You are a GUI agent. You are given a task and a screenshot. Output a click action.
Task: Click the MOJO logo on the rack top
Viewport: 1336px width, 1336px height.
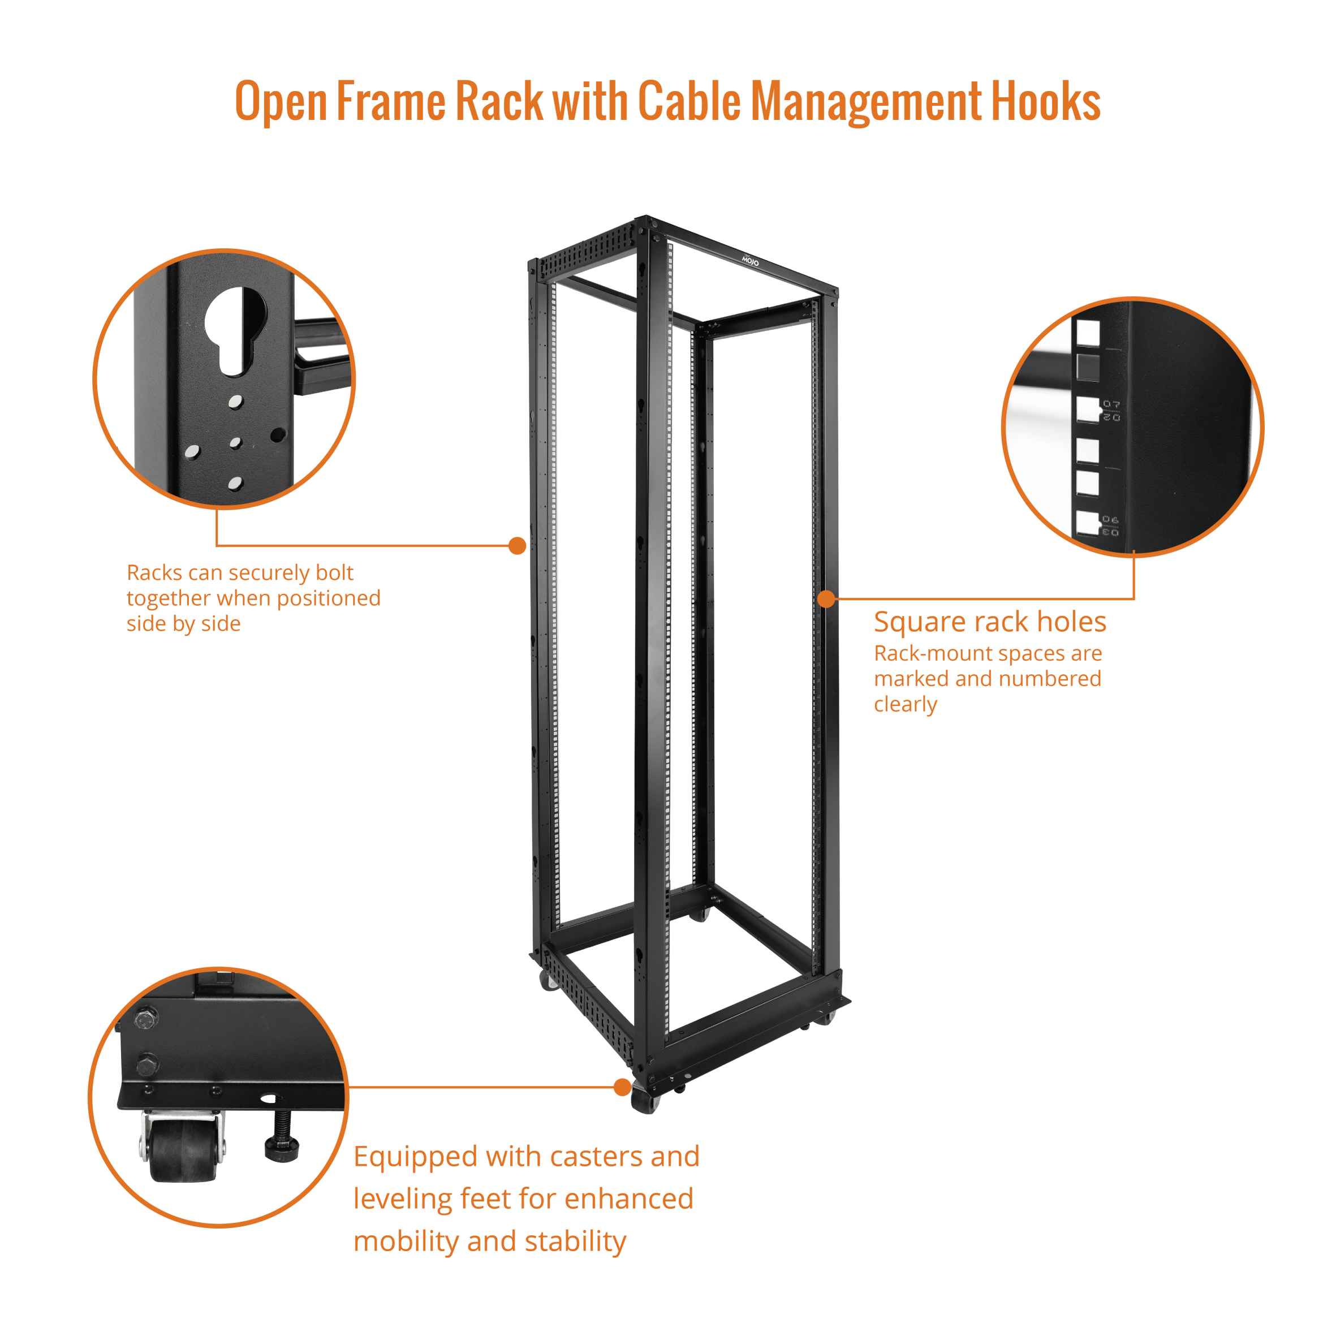[x=750, y=261]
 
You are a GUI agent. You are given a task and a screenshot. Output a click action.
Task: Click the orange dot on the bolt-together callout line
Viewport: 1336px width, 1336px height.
[x=516, y=546]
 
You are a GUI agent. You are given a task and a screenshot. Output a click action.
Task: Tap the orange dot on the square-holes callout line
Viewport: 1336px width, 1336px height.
[x=826, y=599]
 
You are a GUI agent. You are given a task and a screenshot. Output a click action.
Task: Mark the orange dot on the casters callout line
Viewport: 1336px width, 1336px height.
[x=622, y=1088]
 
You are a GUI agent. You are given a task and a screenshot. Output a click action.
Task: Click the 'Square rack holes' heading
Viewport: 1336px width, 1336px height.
[x=989, y=622]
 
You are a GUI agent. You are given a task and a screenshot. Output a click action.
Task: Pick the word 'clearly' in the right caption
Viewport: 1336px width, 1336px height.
[x=905, y=704]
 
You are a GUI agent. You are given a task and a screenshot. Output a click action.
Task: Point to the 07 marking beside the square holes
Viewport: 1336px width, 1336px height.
[x=1111, y=404]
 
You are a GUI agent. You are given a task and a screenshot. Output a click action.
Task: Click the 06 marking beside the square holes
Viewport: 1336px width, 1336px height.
[x=1110, y=519]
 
